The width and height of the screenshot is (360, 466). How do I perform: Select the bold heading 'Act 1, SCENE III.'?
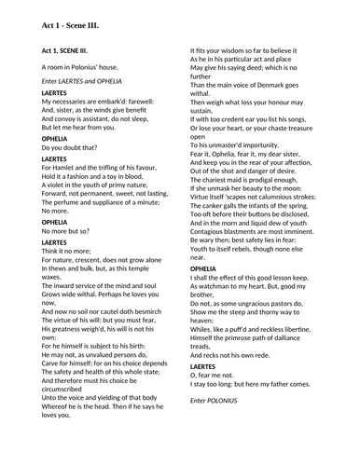68,49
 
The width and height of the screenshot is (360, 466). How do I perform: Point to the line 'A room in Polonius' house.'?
81,69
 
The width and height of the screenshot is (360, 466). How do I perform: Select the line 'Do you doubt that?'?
68,147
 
